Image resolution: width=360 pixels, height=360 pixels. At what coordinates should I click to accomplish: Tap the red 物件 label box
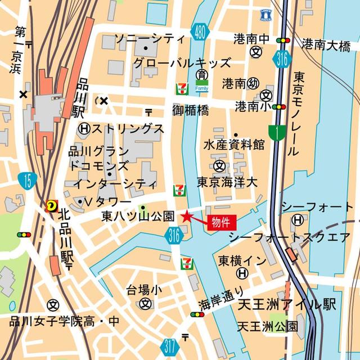tap(220, 221)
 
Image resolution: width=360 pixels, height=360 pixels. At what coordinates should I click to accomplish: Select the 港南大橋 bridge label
tap(326, 46)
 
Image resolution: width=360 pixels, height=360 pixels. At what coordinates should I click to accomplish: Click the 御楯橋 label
tap(191, 110)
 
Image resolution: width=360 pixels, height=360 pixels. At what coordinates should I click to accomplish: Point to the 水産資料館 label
tap(234, 145)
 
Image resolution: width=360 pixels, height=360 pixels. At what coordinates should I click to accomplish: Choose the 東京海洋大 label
tap(227, 183)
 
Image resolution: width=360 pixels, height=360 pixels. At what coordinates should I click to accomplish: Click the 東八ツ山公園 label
tap(138, 216)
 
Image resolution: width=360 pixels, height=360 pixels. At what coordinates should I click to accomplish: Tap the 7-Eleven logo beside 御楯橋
tap(182, 89)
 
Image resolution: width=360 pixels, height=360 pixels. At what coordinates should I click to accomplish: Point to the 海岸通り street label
tap(221, 299)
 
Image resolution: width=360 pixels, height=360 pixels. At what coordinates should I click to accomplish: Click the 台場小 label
tap(144, 290)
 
